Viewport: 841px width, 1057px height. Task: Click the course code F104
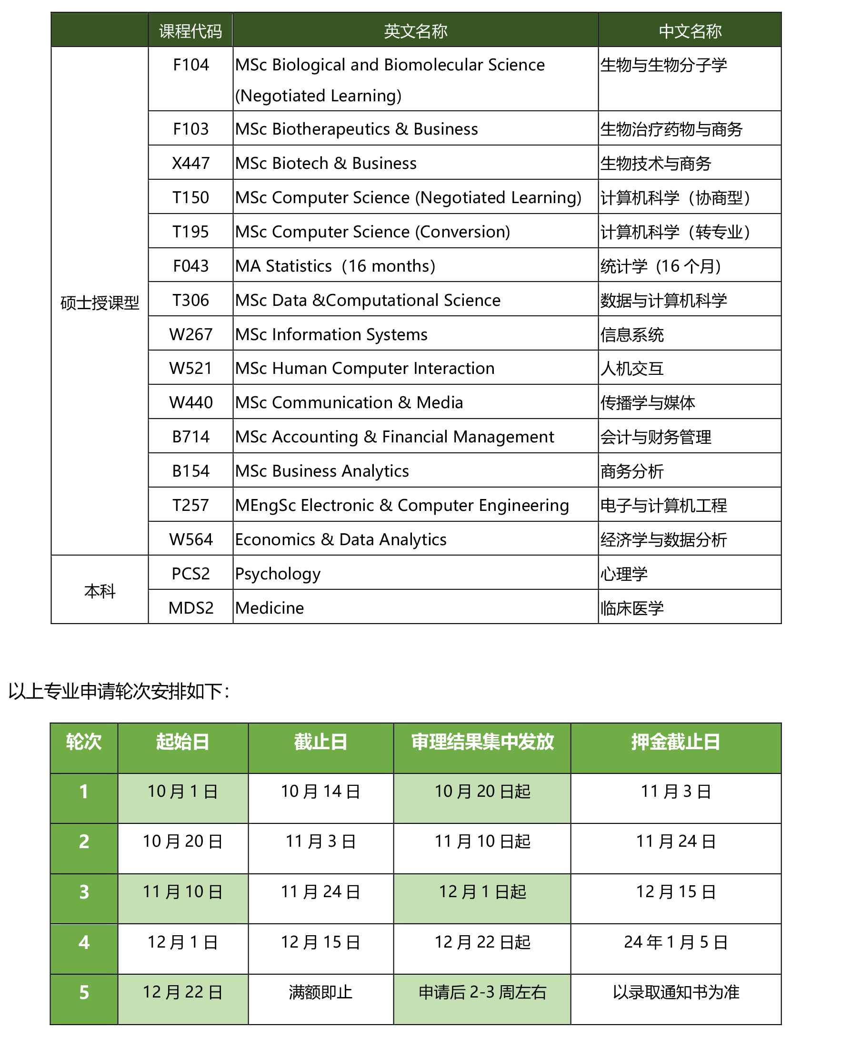(190, 65)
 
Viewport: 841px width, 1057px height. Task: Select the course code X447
(190, 163)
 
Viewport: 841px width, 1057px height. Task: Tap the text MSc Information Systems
(331, 334)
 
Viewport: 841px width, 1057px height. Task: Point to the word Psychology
(278, 574)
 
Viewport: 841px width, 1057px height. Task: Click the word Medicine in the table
(270, 608)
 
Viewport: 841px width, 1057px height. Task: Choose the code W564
(190, 539)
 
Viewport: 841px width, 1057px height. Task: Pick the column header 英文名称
(415, 31)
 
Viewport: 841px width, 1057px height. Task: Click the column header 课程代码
(190, 31)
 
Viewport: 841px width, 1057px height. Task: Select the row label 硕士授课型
(100, 303)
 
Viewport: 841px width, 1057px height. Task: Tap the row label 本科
(100, 591)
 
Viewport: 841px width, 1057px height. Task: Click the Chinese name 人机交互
(632, 369)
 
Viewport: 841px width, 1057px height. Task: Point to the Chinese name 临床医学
(632, 608)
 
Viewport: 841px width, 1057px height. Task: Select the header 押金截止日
(675, 742)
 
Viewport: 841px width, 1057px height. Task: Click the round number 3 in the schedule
(84, 892)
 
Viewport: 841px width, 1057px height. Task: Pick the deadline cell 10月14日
(320, 791)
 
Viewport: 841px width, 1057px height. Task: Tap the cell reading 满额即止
(320, 992)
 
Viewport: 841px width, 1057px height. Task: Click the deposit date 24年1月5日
(675, 942)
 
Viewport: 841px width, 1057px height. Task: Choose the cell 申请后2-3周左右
(482, 992)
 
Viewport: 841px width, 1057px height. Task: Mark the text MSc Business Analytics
(322, 471)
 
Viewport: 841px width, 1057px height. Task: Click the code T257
(190, 506)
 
